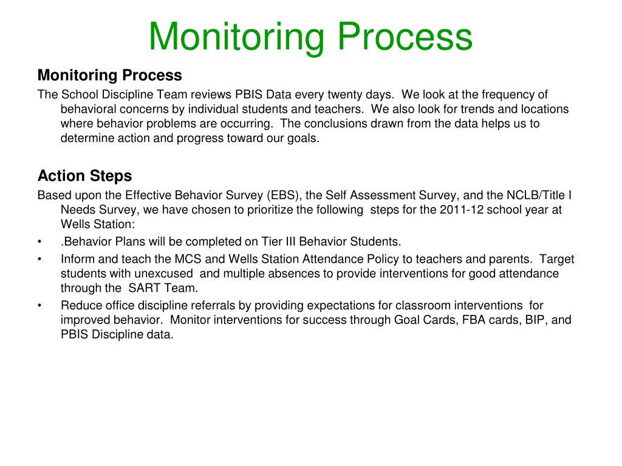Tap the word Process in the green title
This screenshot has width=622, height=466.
pos(405,36)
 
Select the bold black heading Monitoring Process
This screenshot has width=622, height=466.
pos(109,75)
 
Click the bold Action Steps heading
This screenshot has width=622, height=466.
pos(84,176)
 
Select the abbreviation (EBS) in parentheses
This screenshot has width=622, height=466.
pos(283,195)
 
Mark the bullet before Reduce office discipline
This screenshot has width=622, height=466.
pos(40,305)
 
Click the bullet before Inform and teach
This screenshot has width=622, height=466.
pos(40,259)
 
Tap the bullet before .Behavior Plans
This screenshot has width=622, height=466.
pos(40,241)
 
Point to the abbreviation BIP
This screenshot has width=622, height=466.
pos(534,320)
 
